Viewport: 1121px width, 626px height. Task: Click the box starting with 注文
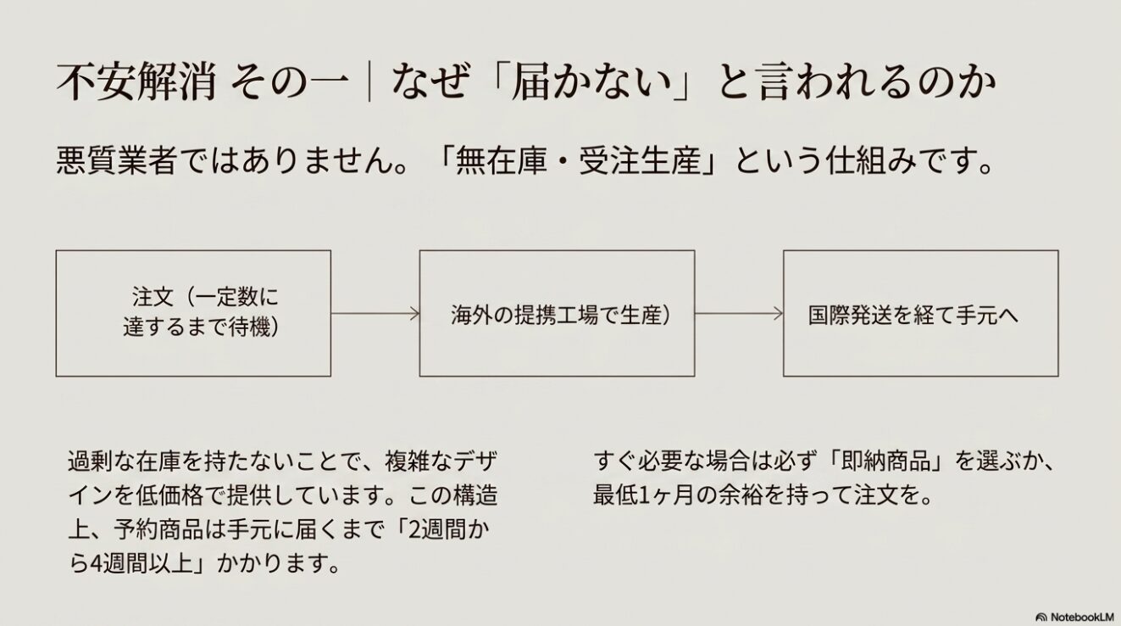click(193, 313)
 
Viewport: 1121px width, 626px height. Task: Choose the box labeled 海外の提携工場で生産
click(557, 313)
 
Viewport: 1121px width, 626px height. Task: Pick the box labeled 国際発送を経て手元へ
click(920, 313)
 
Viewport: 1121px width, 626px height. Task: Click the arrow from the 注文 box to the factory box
click(375, 314)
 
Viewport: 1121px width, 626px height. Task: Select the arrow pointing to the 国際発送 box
click(738, 314)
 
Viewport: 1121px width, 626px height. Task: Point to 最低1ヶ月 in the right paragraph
click(643, 495)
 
